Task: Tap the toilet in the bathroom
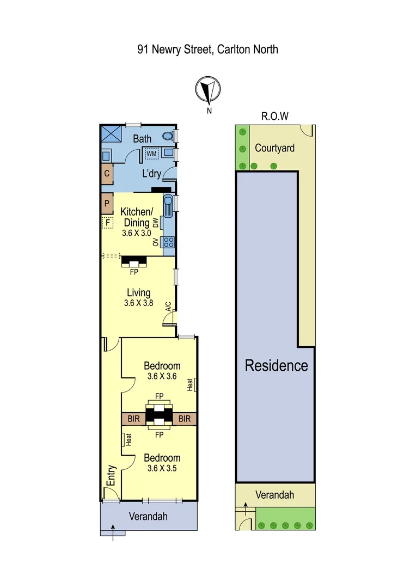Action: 169,136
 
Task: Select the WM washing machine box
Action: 151,154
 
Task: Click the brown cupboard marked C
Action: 107,174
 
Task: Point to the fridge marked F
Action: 107,222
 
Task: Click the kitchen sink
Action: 169,206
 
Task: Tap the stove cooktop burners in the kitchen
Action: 168,241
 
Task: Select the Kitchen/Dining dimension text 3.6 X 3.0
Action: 135,232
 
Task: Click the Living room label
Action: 138,293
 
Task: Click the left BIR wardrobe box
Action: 133,419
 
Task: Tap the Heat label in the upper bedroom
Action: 191,384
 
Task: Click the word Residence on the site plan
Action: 276,365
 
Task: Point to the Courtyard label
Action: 275,148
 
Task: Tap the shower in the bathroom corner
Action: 112,134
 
